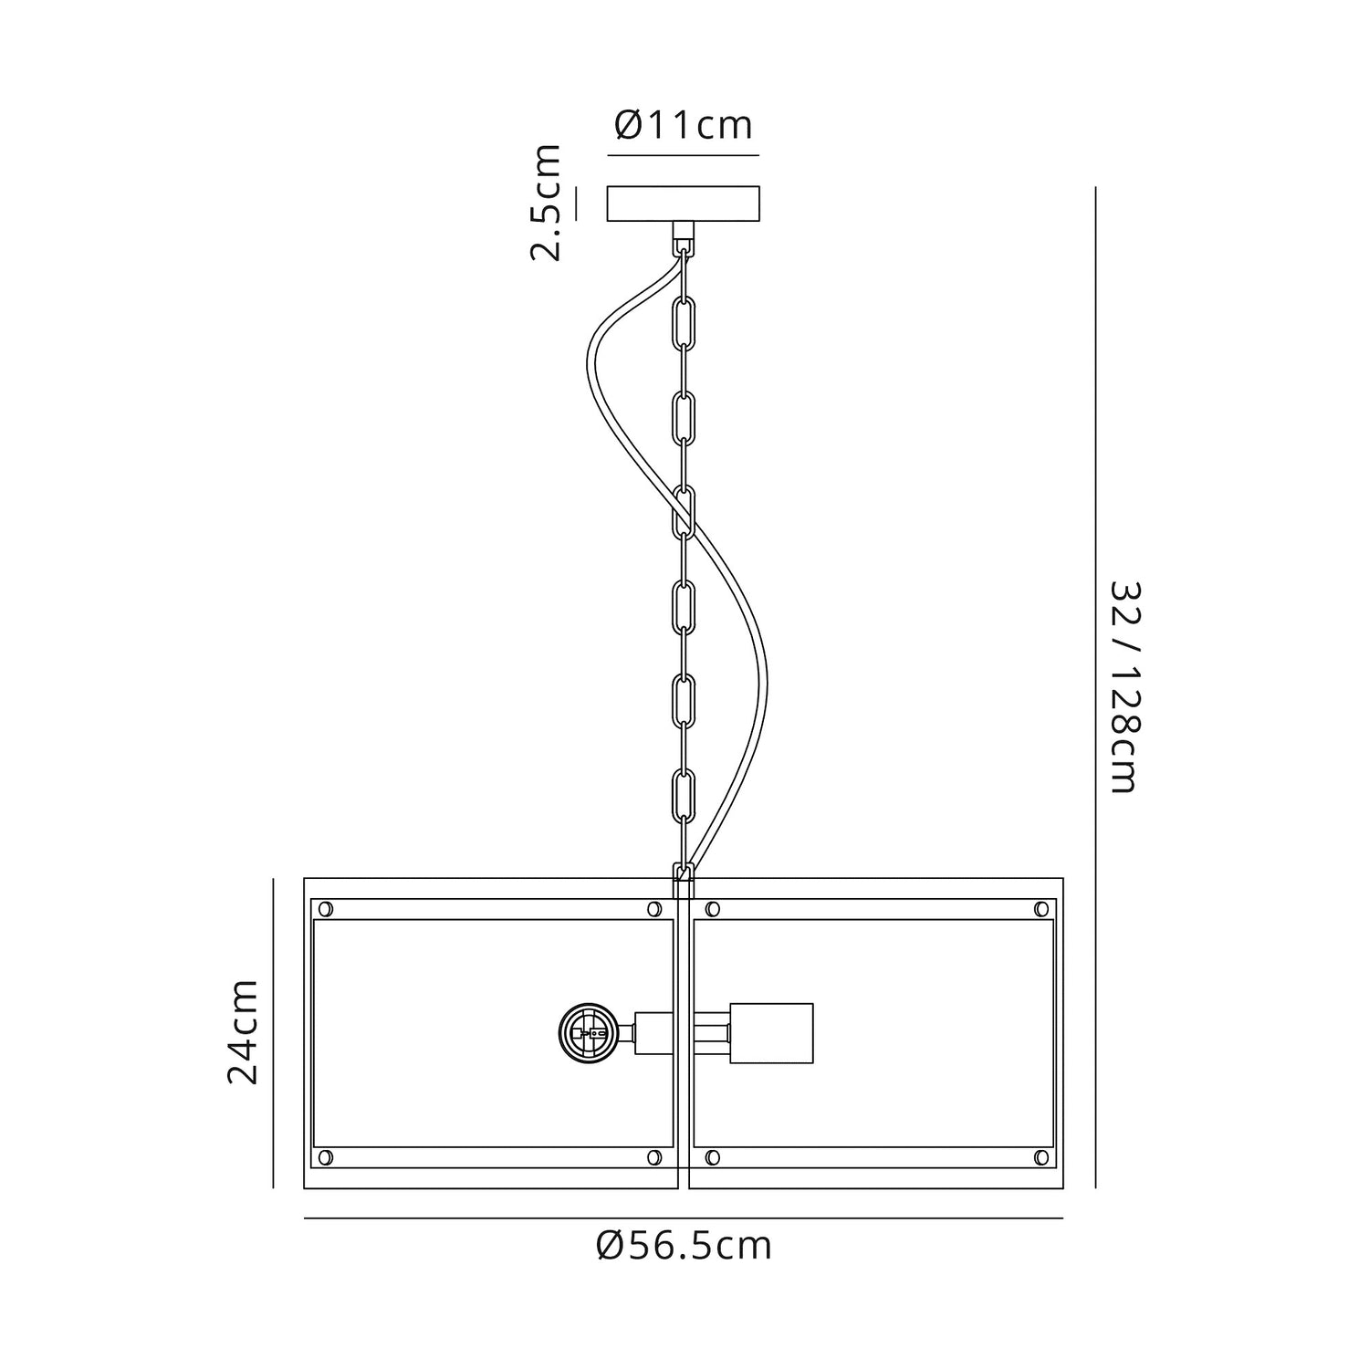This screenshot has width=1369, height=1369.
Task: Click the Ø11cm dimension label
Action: coord(684,125)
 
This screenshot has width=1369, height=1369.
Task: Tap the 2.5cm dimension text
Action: coord(547,202)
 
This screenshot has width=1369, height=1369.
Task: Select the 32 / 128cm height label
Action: coord(1124,686)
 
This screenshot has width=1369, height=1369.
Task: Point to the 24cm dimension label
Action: coord(243,1031)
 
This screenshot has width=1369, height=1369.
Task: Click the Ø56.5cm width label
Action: coord(684,1244)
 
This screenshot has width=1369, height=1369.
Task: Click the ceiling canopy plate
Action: coord(684,204)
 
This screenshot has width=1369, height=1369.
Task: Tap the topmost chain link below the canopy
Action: coord(684,322)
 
